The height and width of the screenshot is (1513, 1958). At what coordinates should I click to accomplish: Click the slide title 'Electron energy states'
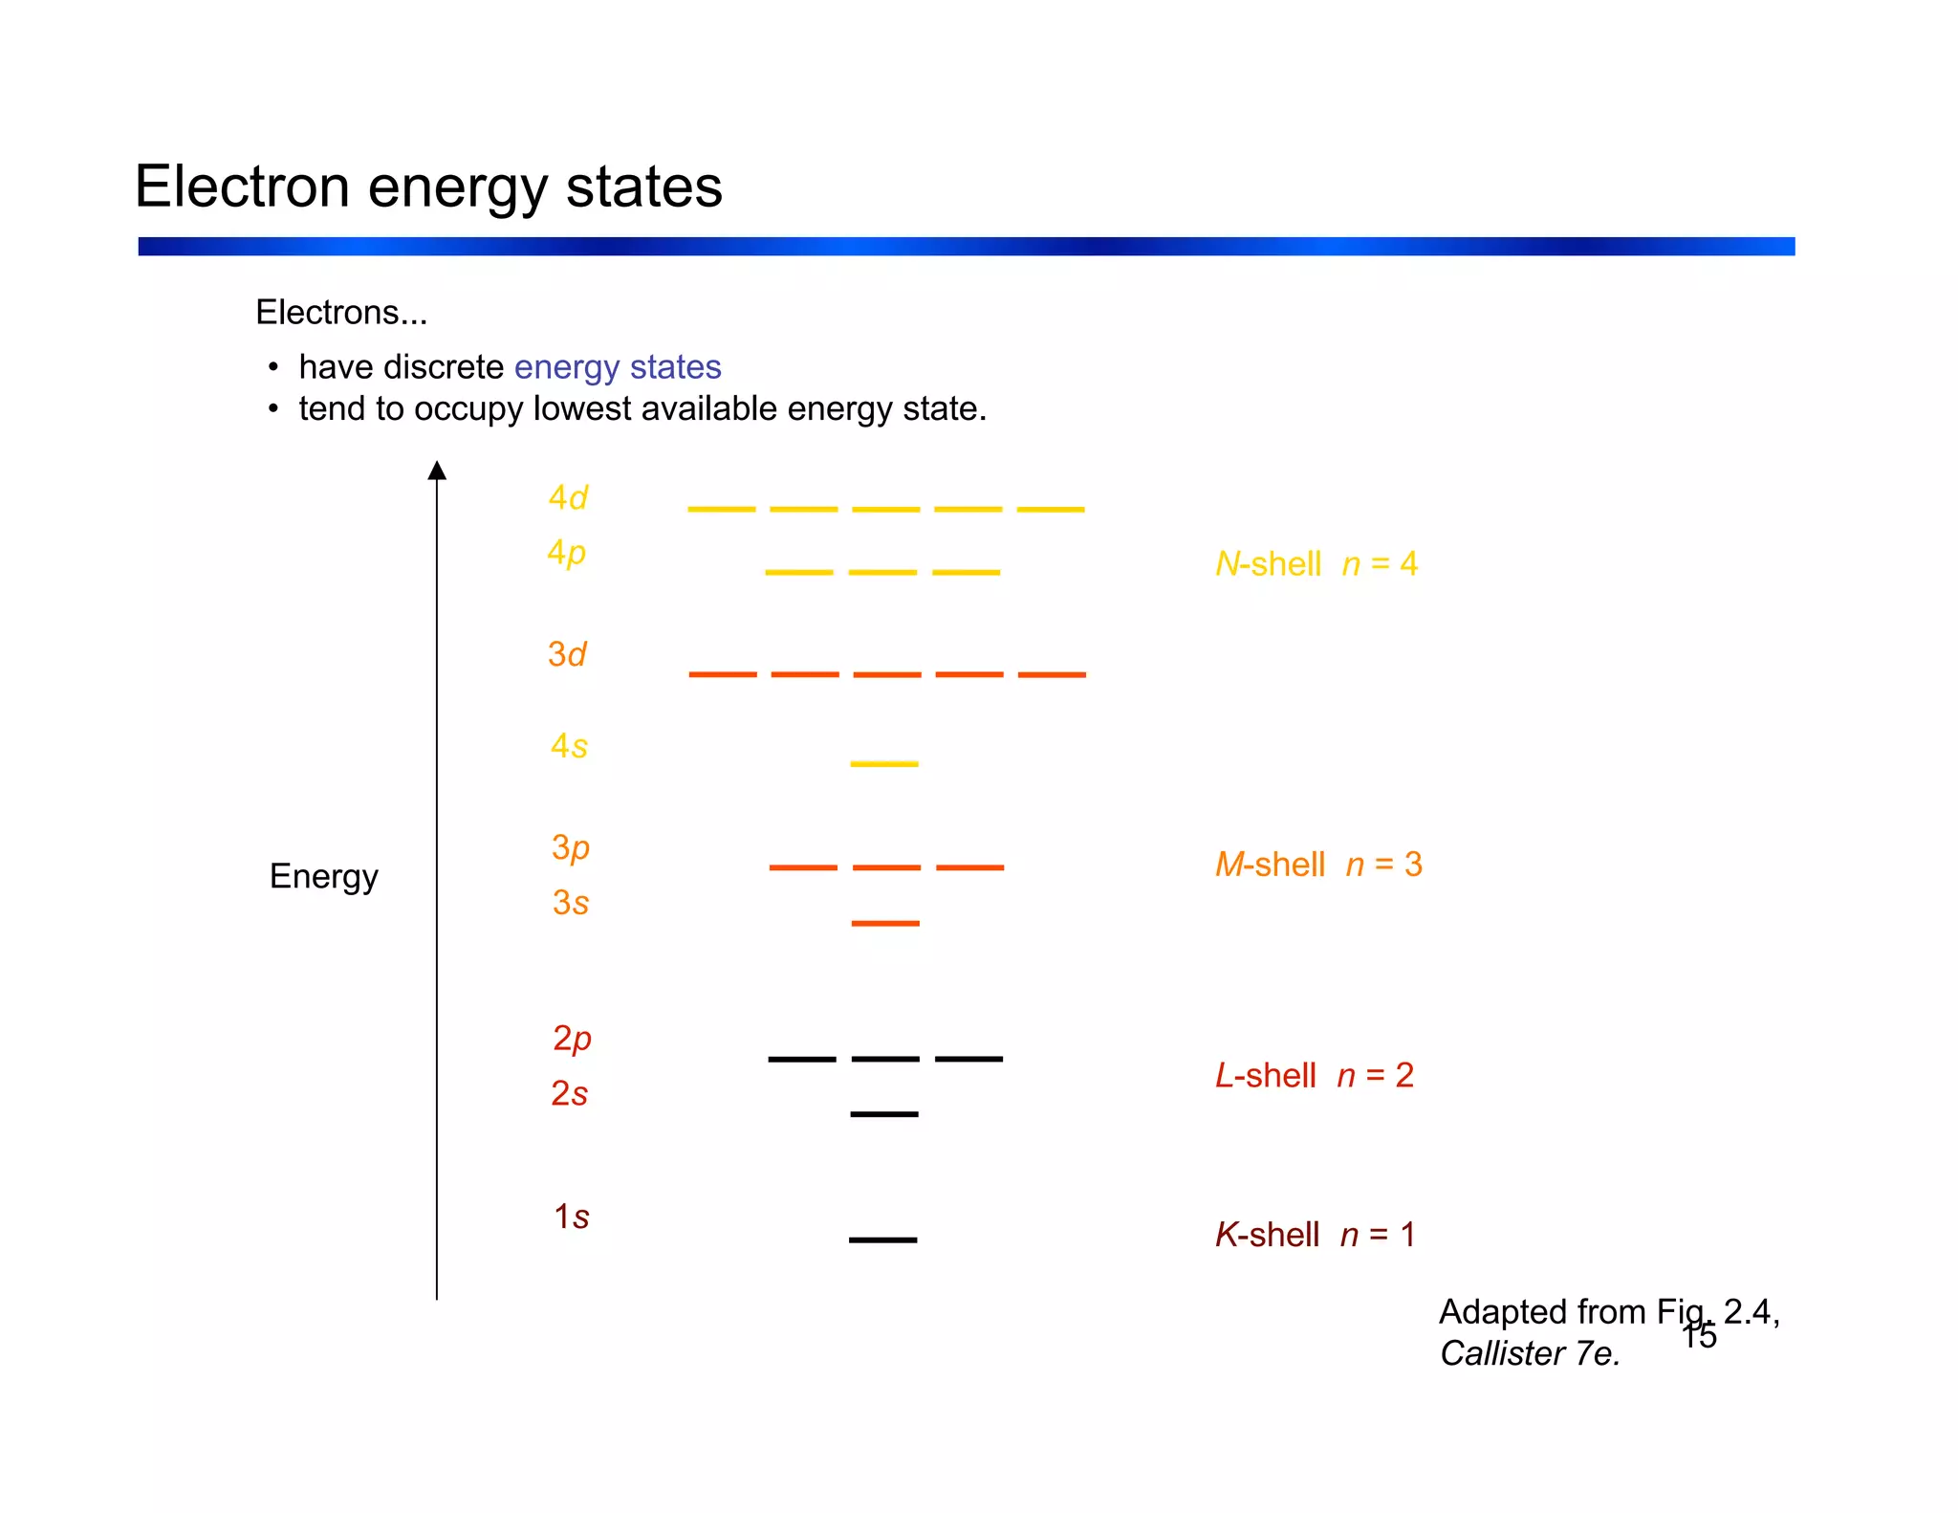[428, 186]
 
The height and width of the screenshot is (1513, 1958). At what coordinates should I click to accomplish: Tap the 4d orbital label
[568, 498]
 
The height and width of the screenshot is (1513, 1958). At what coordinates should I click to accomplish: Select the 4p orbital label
[566, 554]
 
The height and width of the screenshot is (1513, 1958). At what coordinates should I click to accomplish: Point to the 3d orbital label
[567, 655]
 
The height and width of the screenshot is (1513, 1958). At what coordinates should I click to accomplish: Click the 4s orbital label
[569, 746]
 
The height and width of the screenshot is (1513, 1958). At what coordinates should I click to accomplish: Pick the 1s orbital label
[571, 1217]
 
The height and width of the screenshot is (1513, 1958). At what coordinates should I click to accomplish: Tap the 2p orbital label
[572, 1039]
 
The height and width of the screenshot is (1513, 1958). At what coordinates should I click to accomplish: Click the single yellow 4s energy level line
[884, 764]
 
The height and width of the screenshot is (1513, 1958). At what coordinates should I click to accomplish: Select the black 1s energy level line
[882, 1240]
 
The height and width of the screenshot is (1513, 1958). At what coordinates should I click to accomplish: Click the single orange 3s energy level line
[885, 924]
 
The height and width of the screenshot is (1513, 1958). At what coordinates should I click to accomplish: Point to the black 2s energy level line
[884, 1114]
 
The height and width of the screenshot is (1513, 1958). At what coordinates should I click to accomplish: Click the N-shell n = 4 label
[1316, 564]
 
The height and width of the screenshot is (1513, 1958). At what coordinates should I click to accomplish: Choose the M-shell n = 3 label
[1318, 865]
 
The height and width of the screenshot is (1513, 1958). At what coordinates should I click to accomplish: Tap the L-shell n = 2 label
[1314, 1076]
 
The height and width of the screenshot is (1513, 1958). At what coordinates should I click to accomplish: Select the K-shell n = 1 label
[1315, 1235]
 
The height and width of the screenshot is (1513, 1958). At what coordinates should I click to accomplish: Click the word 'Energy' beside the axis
[323, 876]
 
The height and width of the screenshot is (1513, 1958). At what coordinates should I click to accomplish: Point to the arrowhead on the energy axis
[437, 470]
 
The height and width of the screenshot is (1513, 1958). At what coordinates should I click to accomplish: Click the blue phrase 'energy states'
[618, 367]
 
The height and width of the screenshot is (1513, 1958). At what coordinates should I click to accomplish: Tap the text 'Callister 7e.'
[1530, 1353]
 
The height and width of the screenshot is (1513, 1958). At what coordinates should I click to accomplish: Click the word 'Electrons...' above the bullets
[341, 313]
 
